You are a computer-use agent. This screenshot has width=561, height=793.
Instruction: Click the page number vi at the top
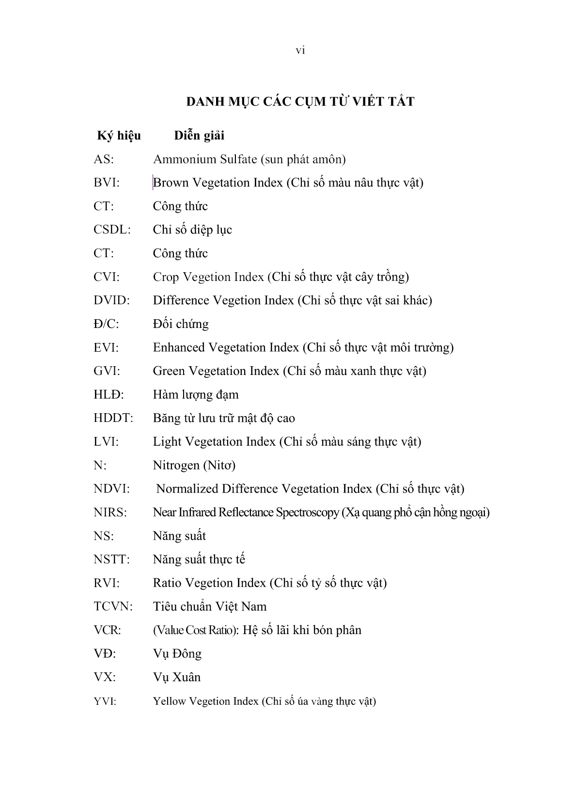pos(300,50)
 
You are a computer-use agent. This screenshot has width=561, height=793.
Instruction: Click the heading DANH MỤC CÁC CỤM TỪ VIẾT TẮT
pos(300,102)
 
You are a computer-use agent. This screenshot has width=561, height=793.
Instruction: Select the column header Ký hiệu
pos(119,136)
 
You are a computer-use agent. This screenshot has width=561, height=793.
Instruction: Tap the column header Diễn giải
pos(199,136)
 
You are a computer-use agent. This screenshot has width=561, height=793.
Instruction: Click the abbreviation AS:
pos(104,159)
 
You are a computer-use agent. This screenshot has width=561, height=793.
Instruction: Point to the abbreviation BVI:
pos(107,183)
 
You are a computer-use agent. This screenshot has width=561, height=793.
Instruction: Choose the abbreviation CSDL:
pos(112,230)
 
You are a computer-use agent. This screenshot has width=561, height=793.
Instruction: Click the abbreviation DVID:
pos(111,300)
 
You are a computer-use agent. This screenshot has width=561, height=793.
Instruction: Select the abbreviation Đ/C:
pos(106,324)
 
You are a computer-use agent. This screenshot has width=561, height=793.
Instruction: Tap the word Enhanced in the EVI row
pos(179,348)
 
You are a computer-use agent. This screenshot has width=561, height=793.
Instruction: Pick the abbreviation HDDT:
pos(113,418)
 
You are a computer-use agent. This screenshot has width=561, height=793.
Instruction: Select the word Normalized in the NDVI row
pos(187,489)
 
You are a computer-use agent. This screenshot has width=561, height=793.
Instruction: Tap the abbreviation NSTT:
pos(111,560)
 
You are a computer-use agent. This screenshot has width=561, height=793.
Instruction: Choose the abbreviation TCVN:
pos(113,606)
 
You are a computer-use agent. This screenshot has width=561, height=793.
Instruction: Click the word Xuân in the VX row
pos(187,677)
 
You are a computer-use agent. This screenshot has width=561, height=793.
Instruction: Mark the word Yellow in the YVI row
pos(169,701)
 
